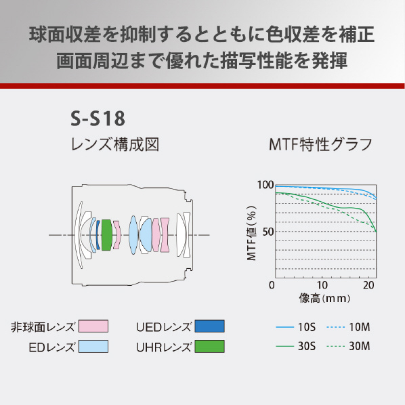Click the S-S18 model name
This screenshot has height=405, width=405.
[98, 119]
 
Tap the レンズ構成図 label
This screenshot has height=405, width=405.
[115, 144]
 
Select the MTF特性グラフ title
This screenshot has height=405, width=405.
[320, 144]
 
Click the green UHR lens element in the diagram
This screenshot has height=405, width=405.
[107, 235]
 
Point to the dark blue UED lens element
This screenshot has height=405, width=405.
[98, 235]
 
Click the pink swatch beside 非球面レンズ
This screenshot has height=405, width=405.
[93, 326]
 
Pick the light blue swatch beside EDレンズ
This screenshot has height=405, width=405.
[93, 346]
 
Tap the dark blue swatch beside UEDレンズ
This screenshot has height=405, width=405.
[209, 326]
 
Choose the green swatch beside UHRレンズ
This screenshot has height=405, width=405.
[209, 346]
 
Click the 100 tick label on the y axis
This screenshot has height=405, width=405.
[265, 185]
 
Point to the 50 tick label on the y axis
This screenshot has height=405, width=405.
[268, 232]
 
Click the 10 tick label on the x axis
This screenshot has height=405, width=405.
[322, 285]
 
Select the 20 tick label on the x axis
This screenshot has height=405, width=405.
[368, 285]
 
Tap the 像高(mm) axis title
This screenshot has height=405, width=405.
[324, 298]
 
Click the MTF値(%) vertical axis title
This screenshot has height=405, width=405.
[251, 233]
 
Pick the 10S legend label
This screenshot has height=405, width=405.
[307, 327]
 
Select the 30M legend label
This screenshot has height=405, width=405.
[360, 346]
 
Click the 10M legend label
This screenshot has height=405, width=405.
[360, 327]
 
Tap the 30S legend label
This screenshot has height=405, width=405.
[307, 346]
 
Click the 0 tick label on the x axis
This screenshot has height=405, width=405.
[272, 285]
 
